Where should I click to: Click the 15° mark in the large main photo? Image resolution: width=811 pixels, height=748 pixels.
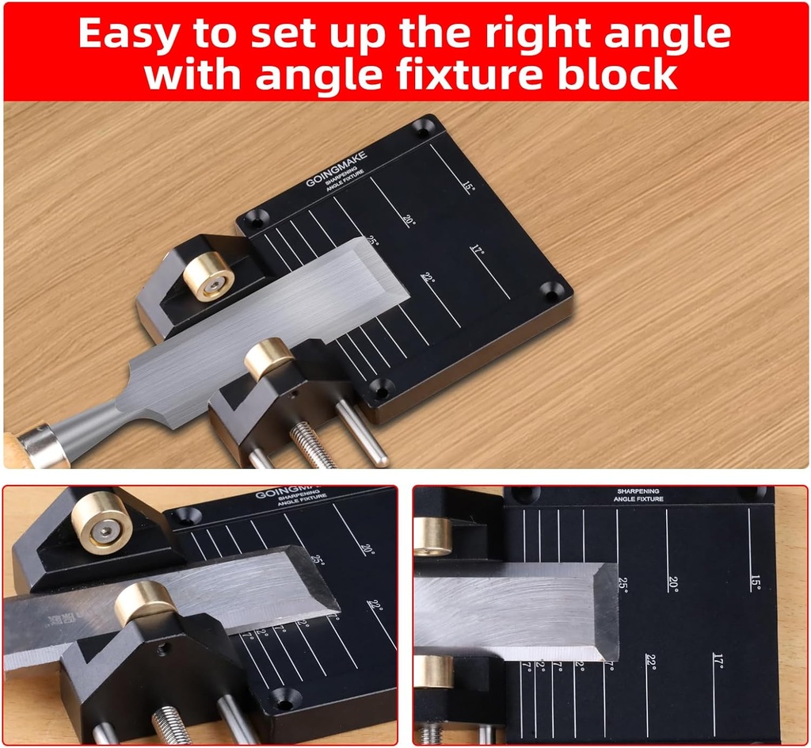click(469, 187)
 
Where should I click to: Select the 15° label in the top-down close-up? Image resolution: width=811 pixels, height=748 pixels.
click(755, 584)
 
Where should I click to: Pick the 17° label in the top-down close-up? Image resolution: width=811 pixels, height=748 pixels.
click(718, 661)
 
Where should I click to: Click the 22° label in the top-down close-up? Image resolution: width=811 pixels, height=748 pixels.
click(650, 662)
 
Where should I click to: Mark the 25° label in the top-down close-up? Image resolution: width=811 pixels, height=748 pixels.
click(623, 585)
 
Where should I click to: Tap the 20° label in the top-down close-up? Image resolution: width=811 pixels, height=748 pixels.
click(672, 584)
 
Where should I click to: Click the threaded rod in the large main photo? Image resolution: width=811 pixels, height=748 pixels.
click(312, 445)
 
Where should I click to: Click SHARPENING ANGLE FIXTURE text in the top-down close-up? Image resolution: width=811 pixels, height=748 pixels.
click(638, 494)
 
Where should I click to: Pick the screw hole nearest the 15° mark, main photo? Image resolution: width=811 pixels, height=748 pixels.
click(422, 127)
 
